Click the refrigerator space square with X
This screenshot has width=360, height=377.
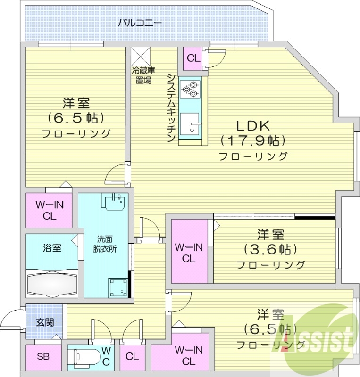140,57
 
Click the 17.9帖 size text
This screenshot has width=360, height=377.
253,140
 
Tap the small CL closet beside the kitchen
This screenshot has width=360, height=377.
193,59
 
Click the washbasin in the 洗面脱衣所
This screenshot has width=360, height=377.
113,202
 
